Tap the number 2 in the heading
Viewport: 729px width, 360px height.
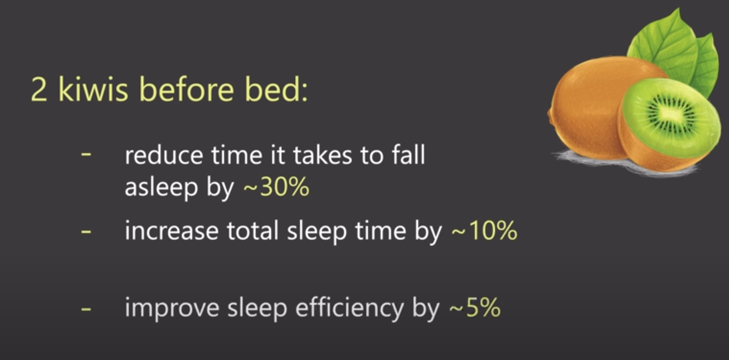39,89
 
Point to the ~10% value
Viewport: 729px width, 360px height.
484,231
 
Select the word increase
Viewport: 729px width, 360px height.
171,231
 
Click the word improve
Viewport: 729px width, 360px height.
172,308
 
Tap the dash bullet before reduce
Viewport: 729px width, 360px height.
86,154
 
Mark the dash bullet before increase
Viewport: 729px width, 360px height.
86,231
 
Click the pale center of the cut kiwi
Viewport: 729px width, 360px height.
671,114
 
